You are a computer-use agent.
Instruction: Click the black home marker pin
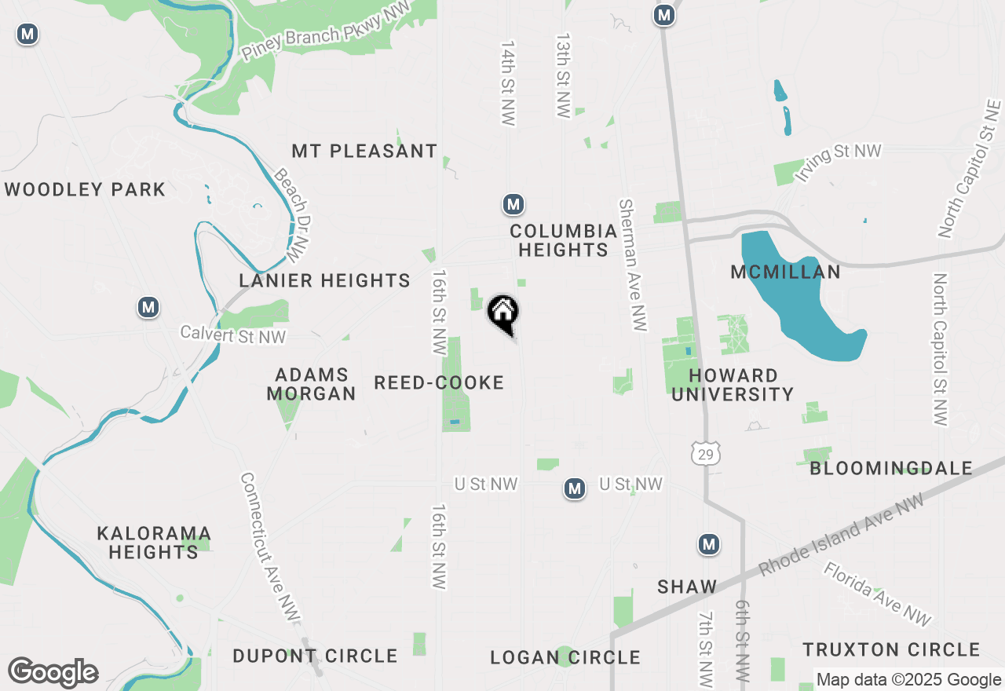click(x=503, y=313)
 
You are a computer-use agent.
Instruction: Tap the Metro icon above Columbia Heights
click(x=513, y=205)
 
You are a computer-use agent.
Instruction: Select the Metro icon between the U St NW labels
click(x=575, y=489)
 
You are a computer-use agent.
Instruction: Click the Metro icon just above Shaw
click(x=709, y=544)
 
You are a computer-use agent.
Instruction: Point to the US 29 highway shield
click(x=705, y=453)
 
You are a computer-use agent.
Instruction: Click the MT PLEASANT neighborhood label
click(x=364, y=151)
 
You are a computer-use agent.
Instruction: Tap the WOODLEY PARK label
click(x=85, y=189)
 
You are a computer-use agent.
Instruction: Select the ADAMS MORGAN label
click(x=312, y=384)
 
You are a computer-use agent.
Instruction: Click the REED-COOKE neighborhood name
click(x=439, y=383)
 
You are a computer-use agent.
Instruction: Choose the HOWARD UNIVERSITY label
click(x=732, y=385)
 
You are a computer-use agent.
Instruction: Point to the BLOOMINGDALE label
click(x=891, y=469)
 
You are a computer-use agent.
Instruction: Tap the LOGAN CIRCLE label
click(x=565, y=657)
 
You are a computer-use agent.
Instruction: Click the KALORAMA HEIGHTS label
click(x=153, y=543)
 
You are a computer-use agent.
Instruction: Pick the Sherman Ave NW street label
click(x=633, y=265)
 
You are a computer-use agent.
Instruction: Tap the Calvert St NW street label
click(x=233, y=335)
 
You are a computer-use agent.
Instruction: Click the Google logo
click(x=53, y=672)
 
